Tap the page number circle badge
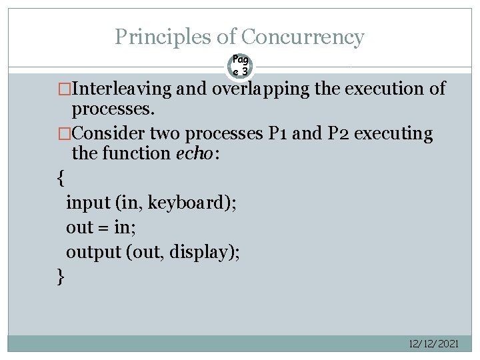pyautogui.click(x=241, y=65)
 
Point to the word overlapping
pyautogui.click(x=262, y=89)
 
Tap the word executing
pyautogui.click(x=393, y=133)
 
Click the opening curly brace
pyautogui.click(x=61, y=179)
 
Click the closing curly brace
pyautogui.click(x=61, y=276)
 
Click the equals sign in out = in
pyautogui.click(x=103, y=228)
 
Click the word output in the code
pyautogui.click(x=92, y=252)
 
